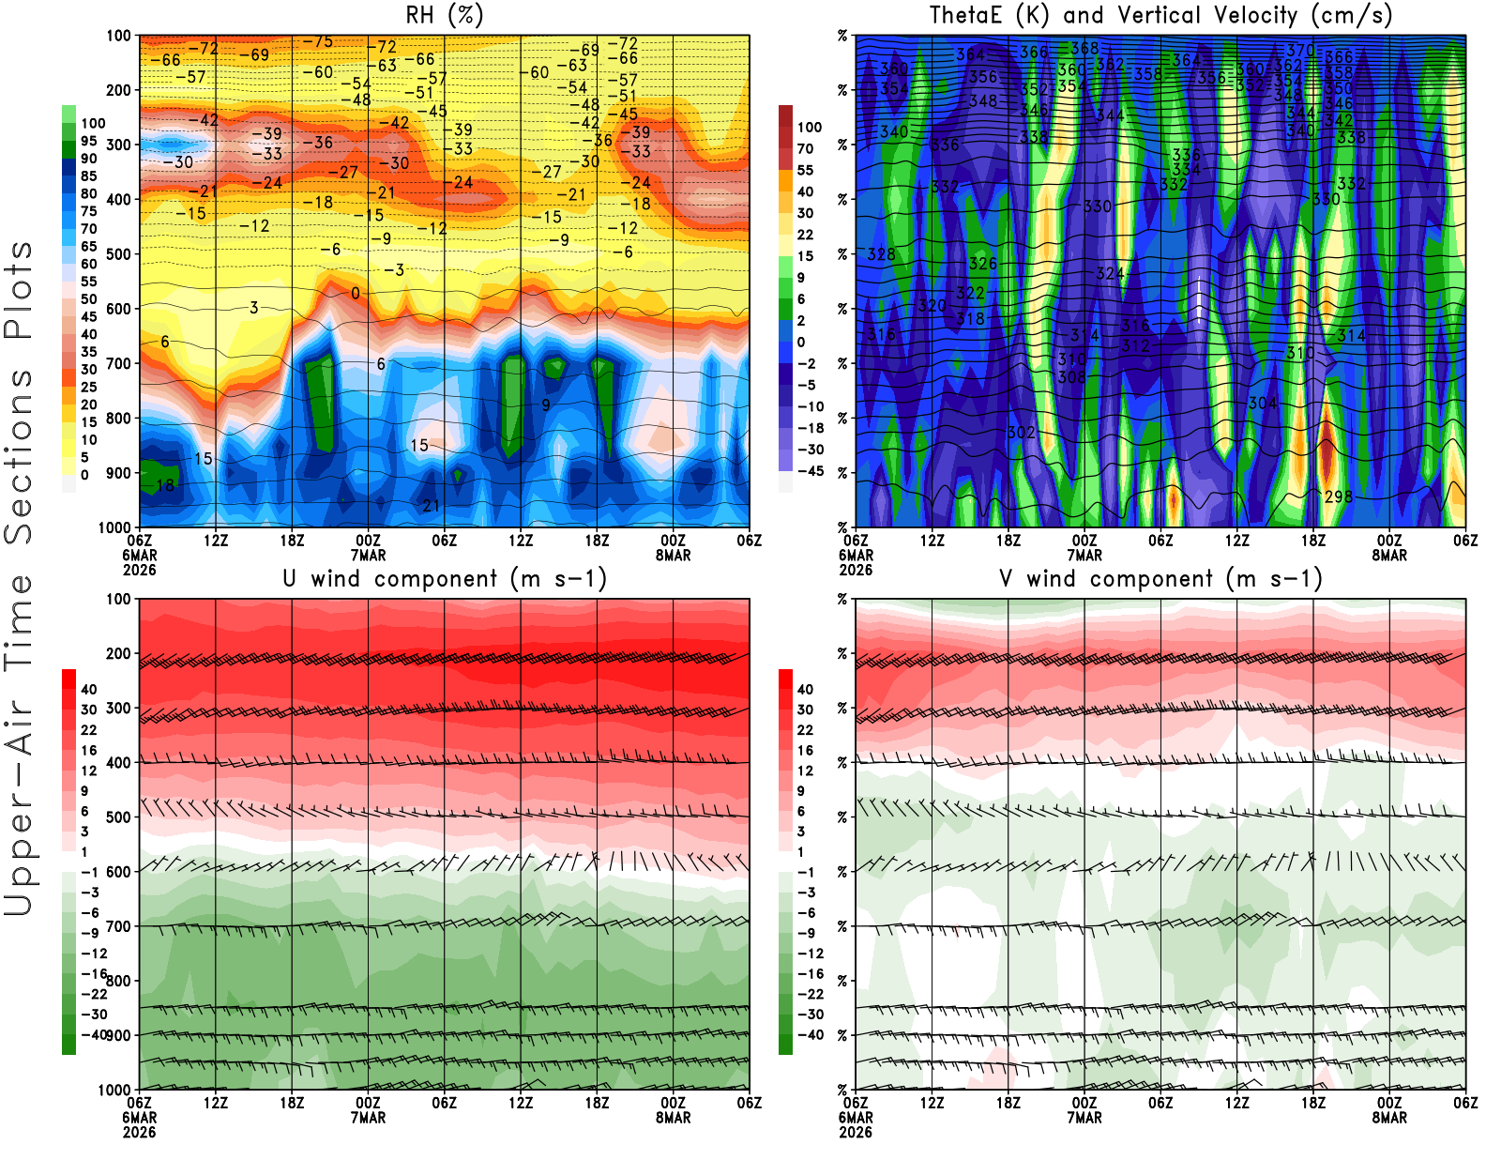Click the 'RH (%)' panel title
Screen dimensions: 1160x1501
click(444, 15)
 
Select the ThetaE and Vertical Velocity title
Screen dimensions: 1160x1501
click(1160, 15)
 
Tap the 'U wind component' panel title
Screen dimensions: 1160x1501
click(444, 578)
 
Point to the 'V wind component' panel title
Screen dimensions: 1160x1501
click(1160, 578)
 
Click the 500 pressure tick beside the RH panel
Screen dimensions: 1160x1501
click(118, 253)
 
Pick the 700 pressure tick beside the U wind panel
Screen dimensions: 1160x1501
click(118, 926)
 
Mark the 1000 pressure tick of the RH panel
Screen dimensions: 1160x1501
click(114, 527)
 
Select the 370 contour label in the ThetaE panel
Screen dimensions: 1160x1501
click(1300, 50)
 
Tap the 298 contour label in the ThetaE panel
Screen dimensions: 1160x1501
click(1339, 496)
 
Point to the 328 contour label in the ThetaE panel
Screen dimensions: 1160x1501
click(881, 254)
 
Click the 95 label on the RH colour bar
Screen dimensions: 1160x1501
click(88, 141)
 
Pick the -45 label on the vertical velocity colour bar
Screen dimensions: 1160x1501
click(809, 471)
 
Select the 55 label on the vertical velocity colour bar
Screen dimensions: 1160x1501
click(805, 170)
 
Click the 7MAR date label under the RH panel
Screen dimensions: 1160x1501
click(368, 555)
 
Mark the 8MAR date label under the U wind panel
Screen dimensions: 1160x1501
click(673, 1118)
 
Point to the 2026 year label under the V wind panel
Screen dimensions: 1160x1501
click(856, 1132)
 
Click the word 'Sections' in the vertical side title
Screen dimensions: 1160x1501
click(19, 456)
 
